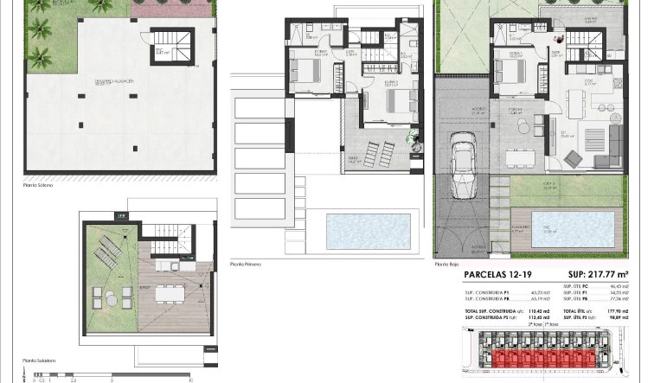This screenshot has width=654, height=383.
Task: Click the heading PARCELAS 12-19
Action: coord(496,275)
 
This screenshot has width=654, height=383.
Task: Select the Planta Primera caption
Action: coord(246,264)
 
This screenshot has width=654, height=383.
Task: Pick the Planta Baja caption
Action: coord(447,264)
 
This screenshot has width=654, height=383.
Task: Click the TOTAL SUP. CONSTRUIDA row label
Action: coord(490,310)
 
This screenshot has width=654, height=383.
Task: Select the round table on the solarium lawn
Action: coord(112,299)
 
